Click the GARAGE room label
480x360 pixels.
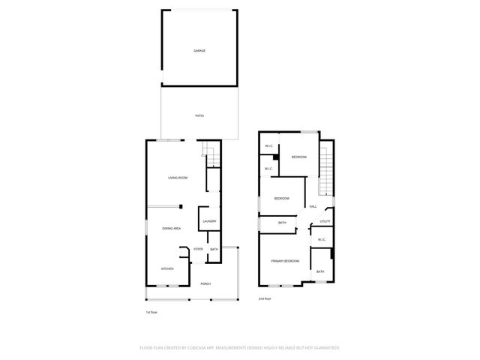pos(199,51)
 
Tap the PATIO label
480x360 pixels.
pos(199,115)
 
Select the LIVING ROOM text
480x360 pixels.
pos(178,178)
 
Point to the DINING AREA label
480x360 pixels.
pos(172,228)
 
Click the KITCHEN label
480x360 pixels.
pos(167,268)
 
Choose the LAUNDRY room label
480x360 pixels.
pos(209,221)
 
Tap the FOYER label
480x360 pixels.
pos(199,249)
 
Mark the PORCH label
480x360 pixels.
pos(205,283)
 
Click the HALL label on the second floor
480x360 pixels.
pos(313,206)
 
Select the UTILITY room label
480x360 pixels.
pos(325,221)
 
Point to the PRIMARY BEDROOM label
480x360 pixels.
pos(286,261)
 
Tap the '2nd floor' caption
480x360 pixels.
pos(265,298)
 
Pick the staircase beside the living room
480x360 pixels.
pos(211,156)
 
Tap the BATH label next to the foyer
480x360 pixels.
pos(214,249)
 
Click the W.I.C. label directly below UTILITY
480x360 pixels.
pos(320,240)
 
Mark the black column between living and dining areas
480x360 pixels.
pos(180,207)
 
